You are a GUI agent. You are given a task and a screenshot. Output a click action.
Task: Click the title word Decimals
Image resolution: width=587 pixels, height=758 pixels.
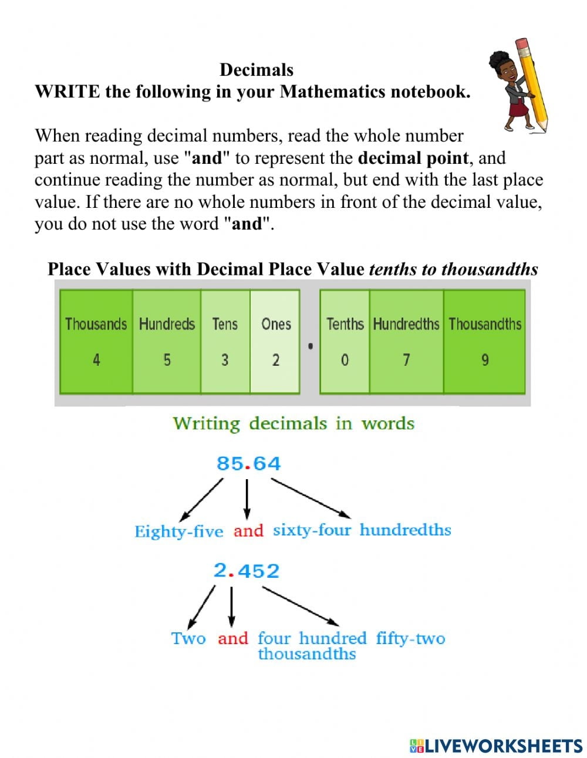256,70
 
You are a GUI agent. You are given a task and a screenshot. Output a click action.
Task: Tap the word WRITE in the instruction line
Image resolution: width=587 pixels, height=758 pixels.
68,92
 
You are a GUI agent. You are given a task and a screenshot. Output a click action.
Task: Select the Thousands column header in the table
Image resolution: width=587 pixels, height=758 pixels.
96,324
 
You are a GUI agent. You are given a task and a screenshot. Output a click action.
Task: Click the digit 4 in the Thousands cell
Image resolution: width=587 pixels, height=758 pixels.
96,360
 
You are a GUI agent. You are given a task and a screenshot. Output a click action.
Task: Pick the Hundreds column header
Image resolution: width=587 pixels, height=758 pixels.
167,324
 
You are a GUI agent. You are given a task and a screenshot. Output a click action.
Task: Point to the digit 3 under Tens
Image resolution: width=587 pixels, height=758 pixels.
225,360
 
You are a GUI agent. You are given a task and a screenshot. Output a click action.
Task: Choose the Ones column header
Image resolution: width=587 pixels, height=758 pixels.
276,324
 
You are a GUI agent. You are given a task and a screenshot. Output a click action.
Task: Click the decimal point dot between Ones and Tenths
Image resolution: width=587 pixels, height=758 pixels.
311,346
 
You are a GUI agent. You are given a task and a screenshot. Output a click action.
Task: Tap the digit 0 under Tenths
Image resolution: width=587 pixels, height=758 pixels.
345,360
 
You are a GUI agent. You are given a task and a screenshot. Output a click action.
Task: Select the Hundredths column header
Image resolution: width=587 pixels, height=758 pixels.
406,324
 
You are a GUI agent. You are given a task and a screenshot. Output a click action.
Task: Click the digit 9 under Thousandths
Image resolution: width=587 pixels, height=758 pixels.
484,360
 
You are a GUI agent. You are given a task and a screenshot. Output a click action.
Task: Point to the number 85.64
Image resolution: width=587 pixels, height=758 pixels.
248,464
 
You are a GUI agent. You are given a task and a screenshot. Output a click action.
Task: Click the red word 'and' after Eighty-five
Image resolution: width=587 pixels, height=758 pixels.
248,531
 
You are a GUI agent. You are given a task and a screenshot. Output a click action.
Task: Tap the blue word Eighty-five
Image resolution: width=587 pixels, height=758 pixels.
179,532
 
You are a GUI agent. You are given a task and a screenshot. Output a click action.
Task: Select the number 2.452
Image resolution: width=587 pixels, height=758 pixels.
246,571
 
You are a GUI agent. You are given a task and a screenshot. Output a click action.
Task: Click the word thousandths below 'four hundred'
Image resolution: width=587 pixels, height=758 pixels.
307,653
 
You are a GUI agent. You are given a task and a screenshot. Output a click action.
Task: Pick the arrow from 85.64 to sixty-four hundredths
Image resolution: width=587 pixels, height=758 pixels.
311,498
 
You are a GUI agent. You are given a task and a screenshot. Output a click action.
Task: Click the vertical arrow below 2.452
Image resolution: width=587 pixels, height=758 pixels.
231,607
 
